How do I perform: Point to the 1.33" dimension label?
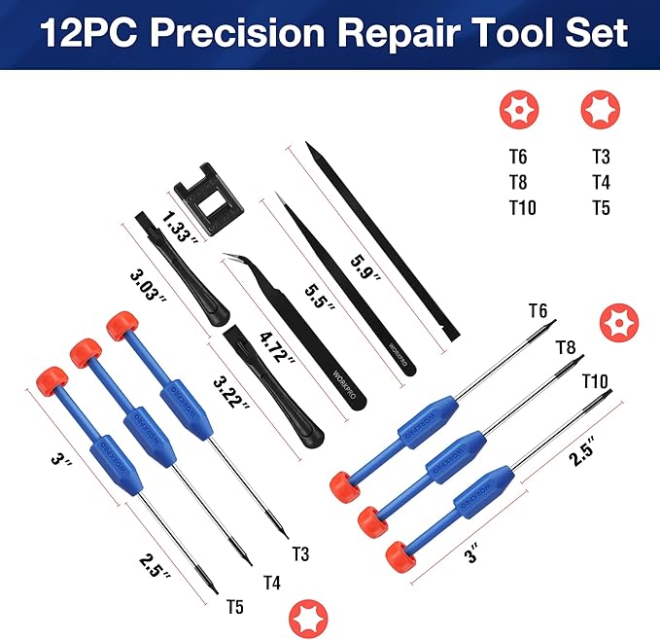[x=183, y=225]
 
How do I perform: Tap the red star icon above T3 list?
[x=597, y=109]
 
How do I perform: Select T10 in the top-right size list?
[x=523, y=207]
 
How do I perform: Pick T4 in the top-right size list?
[x=602, y=181]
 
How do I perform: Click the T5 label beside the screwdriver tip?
[x=235, y=608]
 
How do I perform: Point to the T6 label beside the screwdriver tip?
[x=538, y=311]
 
